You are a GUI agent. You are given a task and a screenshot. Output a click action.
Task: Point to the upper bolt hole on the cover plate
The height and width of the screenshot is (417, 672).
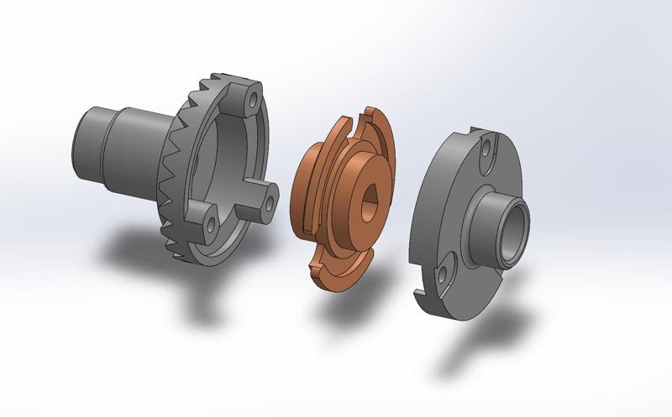486,152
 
